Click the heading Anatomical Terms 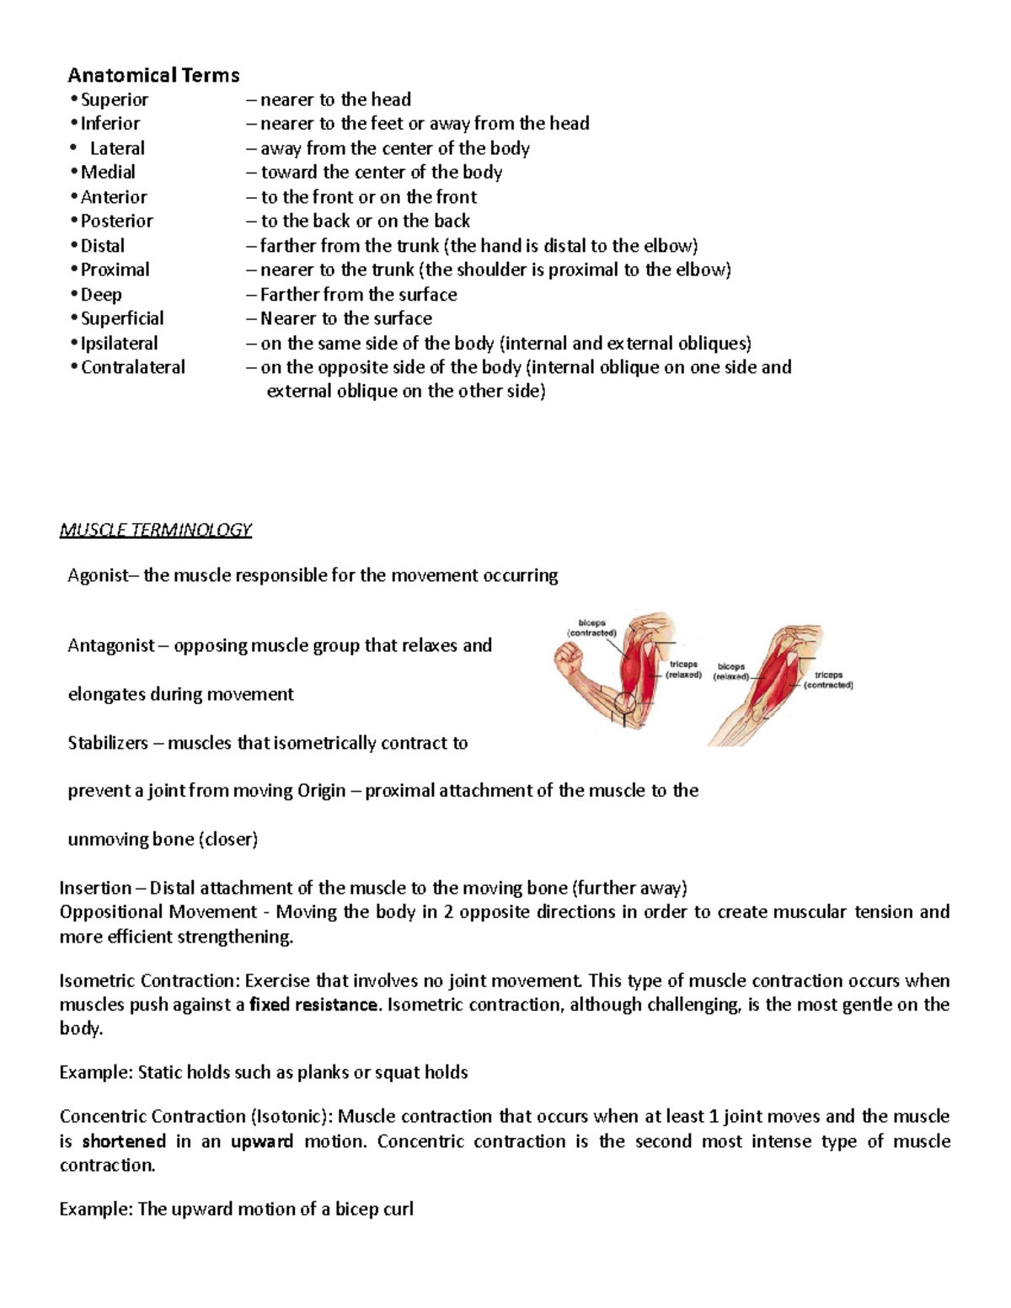(x=153, y=76)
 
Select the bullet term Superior (x=114, y=99)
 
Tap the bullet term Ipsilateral (x=119, y=343)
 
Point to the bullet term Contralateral (x=132, y=367)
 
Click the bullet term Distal (x=102, y=246)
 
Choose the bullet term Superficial (x=122, y=318)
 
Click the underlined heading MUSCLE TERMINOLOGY (x=156, y=530)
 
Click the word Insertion (x=95, y=888)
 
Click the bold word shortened (x=124, y=1141)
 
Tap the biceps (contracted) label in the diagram (x=591, y=628)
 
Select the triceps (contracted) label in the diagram (x=828, y=680)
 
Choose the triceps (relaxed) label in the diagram (x=683, y=670)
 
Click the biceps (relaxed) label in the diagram (x=730, y=671)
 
